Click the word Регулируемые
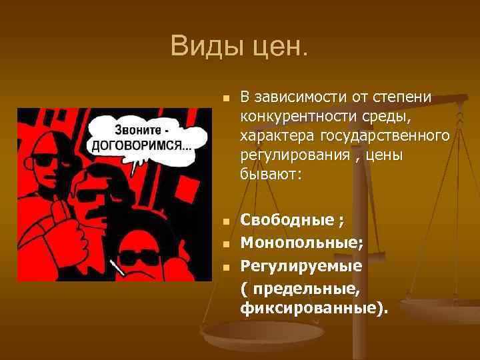(x=301, y=266)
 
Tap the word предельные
(x=306, y=288)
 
